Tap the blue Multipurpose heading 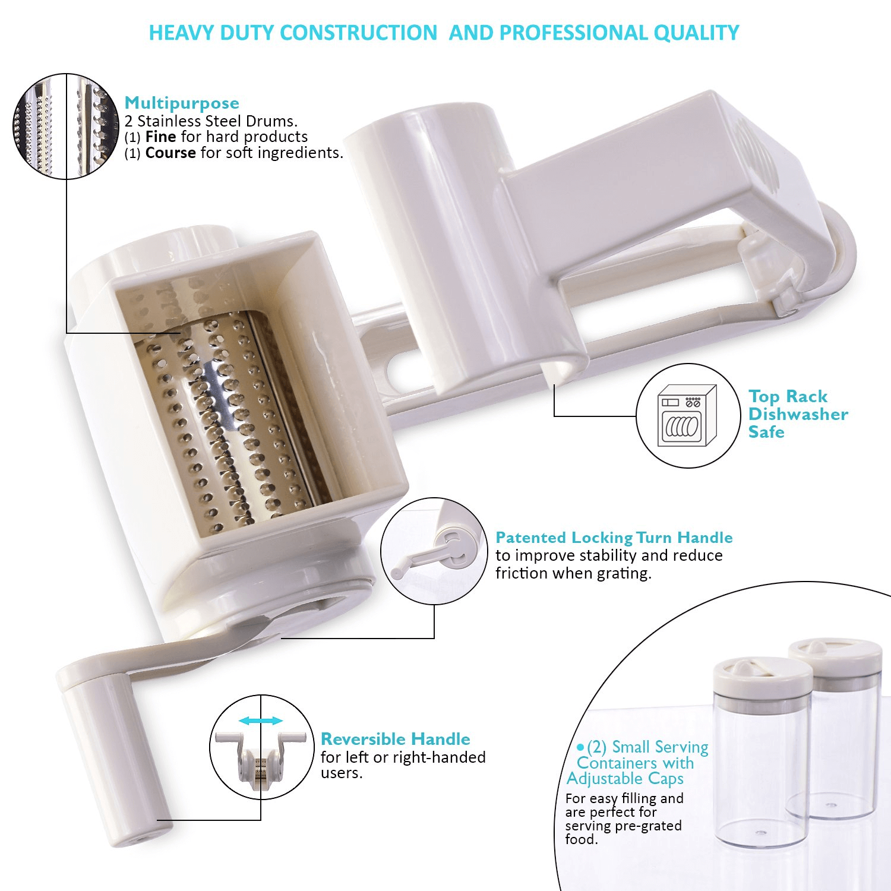pos(182,103)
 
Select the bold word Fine pos(160,137)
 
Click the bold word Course pos(170,153)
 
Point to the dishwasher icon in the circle pos(687,415)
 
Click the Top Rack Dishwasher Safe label pos(798,414)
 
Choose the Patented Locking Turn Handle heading pos(614,538)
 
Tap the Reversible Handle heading pos(396,739)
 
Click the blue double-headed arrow pos(261,721)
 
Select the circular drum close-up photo pos(65,127)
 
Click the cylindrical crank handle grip pos(110,760)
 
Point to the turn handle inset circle pos(434,551)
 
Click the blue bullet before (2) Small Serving pos(580,747)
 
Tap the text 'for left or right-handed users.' pos(403,765)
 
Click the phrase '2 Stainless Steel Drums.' pos(211,121)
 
